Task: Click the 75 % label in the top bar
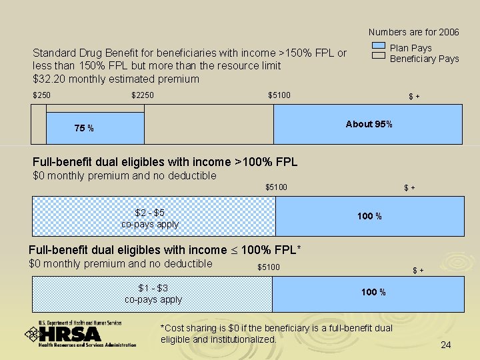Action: (x=84, y=128)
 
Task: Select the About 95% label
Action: (x=369, y=124)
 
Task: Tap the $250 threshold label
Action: (x=41, y=95)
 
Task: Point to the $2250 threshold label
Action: (x=143, y=95)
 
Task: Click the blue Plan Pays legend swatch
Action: (x=378, y=47)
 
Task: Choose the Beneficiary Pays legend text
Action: (x=424, y=59)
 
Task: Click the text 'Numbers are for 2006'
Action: (x=413, y=32)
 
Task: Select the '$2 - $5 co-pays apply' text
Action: (x=150, y=219)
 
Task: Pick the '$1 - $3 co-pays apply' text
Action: (x=153, y=294)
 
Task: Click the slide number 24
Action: (x=446, y=345)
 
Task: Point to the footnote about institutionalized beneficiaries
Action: (x=277, y=334)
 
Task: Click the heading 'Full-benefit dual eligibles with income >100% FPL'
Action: (x=165, y=162)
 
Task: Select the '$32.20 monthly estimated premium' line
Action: (x=116, y=79)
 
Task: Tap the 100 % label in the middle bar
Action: (x=369, y=216)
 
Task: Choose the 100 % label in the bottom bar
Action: (x=373, y=292)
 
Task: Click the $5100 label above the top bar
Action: (x=279, y=95)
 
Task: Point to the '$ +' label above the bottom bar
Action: (x=418, y=270)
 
